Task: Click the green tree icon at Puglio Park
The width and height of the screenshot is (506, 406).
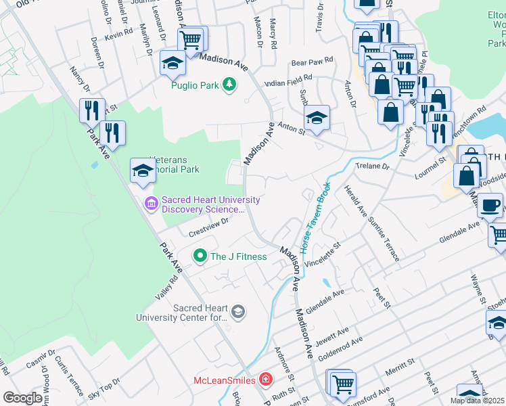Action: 231,85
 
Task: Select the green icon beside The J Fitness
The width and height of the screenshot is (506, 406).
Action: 200,256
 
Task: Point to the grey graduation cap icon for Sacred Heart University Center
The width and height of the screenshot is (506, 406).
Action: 237,311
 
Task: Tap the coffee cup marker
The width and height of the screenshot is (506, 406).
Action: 490,204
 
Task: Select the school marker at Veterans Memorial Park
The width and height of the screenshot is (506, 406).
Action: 143,171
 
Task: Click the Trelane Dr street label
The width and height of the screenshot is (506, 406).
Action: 372,166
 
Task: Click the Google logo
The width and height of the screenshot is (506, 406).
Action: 22,397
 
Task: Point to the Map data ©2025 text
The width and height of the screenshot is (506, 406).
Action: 478,401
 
